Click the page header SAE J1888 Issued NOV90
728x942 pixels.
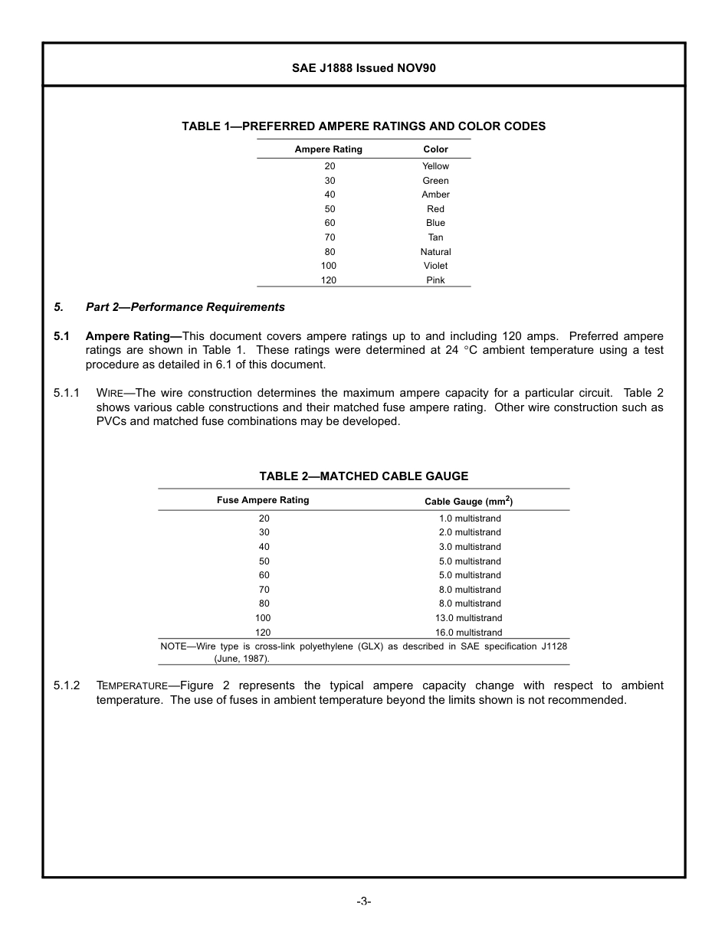point(363,68)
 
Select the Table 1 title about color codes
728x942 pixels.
point(363,126)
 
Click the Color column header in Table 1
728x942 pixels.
point(435,149)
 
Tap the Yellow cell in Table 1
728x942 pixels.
point(435,166)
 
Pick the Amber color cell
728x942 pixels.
point(435,195)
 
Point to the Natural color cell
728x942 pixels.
point(435,252)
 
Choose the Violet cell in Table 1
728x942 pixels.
point(435,266)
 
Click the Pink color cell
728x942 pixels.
point(435,280)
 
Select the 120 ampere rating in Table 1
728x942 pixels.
point(329,280)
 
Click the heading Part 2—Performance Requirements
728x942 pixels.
point(185,307)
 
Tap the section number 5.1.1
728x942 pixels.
point(67,393)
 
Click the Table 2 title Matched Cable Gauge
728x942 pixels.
point(363,476)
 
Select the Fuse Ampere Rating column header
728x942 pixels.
point(263,500)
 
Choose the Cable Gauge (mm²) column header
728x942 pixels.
point(469,501)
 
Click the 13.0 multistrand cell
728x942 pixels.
point(470,618)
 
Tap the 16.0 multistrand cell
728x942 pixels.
point(470,633)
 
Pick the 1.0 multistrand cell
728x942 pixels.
point(470,518)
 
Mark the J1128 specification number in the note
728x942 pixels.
point(554,646)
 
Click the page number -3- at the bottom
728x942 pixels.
point(363,901)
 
